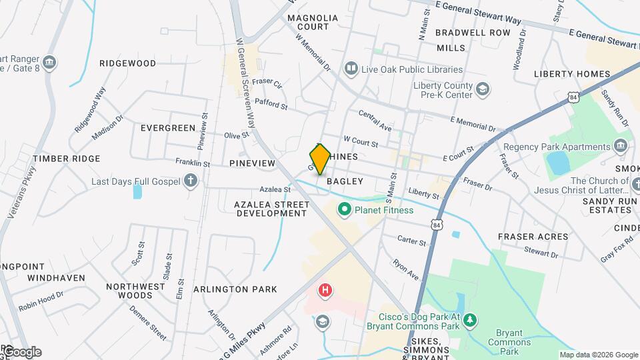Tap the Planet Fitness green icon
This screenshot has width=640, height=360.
point(345,210)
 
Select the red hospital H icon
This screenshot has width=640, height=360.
point(325,290)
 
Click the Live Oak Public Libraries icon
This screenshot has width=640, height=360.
point(351,69)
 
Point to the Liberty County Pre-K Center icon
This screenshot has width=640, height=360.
point(482,89)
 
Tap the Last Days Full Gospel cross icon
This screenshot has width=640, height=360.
point(191,181)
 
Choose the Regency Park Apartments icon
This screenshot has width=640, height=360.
point(621,146)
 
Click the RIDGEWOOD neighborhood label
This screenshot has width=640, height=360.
point(127,63)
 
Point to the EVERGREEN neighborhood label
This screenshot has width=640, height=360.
point(168,127)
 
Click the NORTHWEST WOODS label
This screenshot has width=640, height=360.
point(135,291)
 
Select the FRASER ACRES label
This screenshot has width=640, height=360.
point(533,237)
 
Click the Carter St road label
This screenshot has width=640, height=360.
point(411,240)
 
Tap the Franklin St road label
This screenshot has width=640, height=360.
point(193,163)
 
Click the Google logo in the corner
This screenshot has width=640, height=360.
point(21,351)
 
